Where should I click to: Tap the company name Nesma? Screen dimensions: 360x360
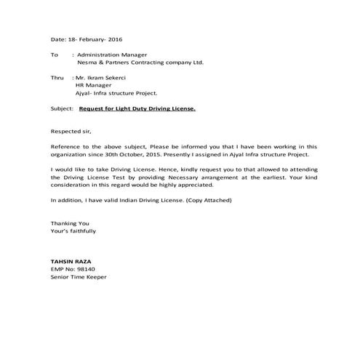[x=86, y=62]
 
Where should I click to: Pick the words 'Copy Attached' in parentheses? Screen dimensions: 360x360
[x=210, y=199]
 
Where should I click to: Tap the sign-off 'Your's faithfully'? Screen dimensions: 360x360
[x=73, y=231]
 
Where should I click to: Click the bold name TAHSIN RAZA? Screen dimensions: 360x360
[x=71, y=260]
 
